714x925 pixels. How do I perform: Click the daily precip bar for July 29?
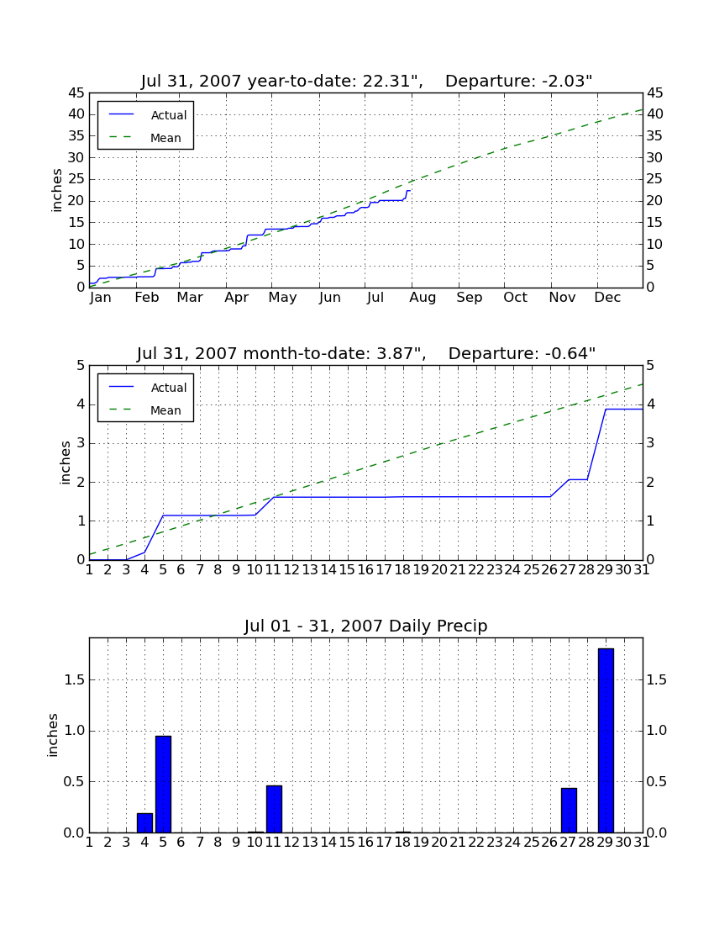click(x=606, y=740)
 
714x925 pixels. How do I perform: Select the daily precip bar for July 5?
click(x=163, y=784)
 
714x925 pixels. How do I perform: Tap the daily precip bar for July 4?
click(x=145, y=823)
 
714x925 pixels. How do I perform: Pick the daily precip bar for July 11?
click(x=274, y=809)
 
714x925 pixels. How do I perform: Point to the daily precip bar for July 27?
click(x=569, y=810)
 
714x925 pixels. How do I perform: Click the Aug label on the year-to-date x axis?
click(x=423, y=298)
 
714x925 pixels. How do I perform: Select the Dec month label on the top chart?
click(x=607, y=298)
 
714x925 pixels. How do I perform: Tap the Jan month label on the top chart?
click(x=101, y=298)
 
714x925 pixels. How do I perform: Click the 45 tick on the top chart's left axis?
click(x=77, y=93)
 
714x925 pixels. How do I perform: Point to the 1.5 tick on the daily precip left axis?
click(x=73, y=680)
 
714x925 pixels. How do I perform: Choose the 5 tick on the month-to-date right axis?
click(x=650, y=366)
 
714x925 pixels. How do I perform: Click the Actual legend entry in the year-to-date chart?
click(x=145, y=115)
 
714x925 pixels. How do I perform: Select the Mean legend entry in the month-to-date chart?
click(x=145, y=410)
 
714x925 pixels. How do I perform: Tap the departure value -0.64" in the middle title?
click(x=570, y=353)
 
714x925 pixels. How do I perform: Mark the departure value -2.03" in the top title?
click(x=567, y=81)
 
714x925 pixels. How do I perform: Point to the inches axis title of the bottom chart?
click(x=53, y=735)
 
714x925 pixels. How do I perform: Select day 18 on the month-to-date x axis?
click(x=403, y=570)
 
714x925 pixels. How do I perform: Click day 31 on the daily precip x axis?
click(x=642, y=843)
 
